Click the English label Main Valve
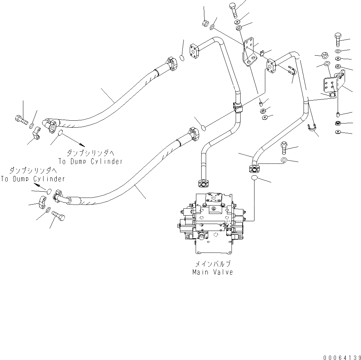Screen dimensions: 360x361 coord(212,272)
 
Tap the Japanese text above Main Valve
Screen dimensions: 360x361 coord(212,264)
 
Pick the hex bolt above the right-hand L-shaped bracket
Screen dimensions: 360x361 coord(339,40)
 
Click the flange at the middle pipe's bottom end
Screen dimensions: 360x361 coord(203,183)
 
